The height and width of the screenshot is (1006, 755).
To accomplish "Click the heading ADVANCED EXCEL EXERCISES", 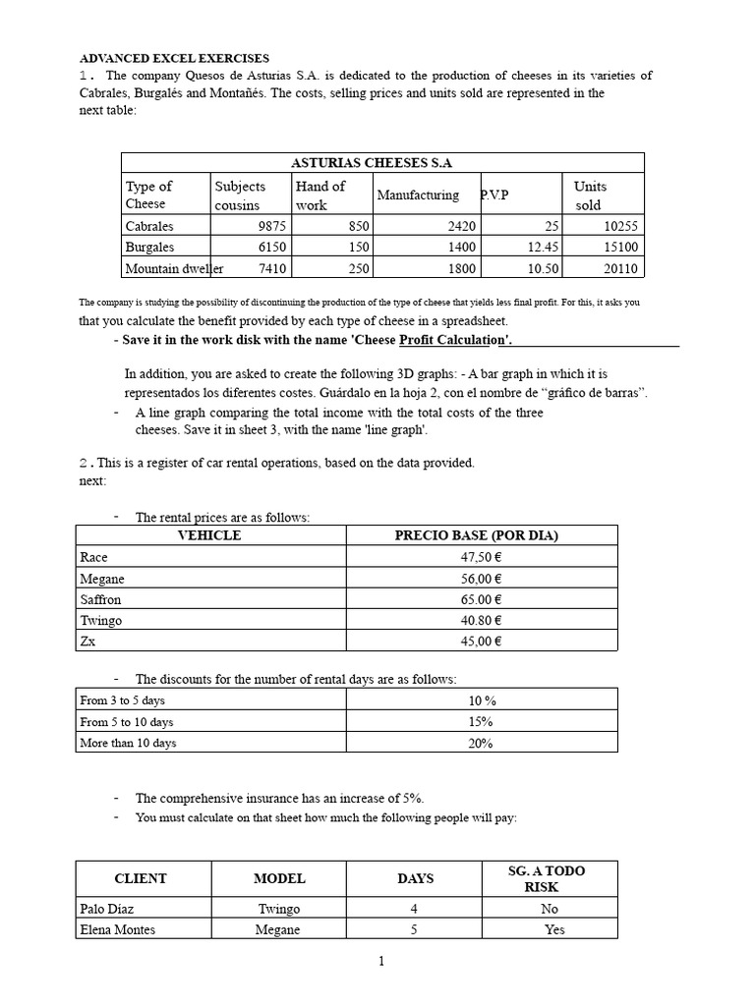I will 174,59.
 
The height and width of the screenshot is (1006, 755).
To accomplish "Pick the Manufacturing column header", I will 418,196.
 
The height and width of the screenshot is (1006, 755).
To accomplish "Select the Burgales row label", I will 149,248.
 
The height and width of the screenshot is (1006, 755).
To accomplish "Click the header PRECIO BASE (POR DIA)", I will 476,535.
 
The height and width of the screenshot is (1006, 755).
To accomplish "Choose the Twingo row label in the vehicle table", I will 101,621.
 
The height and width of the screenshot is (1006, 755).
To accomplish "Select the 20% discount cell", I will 481,744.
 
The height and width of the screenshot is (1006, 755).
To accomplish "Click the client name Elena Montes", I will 117,929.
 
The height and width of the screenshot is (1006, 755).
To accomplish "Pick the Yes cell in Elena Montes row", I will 554,929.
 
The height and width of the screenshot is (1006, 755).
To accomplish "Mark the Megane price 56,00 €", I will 481,579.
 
